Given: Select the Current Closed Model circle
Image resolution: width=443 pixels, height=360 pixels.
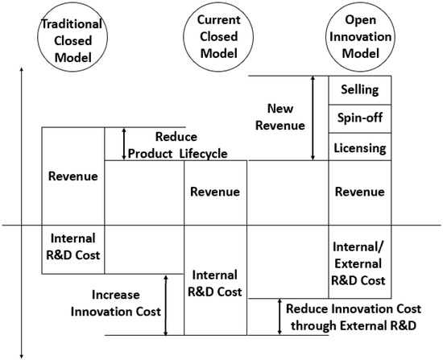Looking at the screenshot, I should [213, 36].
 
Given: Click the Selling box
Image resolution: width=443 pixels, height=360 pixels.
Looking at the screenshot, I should [360, 89].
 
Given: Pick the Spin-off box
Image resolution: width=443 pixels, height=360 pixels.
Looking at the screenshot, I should [360, 118].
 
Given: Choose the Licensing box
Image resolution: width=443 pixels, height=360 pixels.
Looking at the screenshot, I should [360, 148].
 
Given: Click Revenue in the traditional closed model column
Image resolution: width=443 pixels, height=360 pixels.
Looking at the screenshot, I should [72, 176].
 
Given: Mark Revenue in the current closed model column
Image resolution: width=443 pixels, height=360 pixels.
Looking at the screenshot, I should [214, 192].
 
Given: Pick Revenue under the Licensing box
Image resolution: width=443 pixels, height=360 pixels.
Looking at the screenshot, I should [359, 192].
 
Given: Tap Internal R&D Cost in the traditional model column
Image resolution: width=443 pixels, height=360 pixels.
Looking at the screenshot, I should [72, 248].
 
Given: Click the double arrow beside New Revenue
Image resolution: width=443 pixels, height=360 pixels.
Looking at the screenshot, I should [313, 118].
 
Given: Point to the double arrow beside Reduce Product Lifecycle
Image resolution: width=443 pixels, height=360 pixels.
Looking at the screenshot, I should [124, 143].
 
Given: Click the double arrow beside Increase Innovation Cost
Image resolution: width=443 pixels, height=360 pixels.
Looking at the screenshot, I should [165, 304].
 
